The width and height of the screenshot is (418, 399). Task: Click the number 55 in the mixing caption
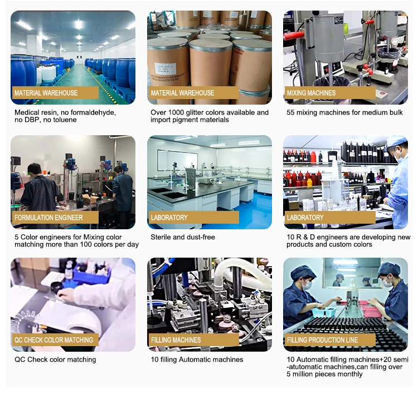(x=290, y=112)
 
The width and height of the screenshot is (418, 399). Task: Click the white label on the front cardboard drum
(x=166, y=70)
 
